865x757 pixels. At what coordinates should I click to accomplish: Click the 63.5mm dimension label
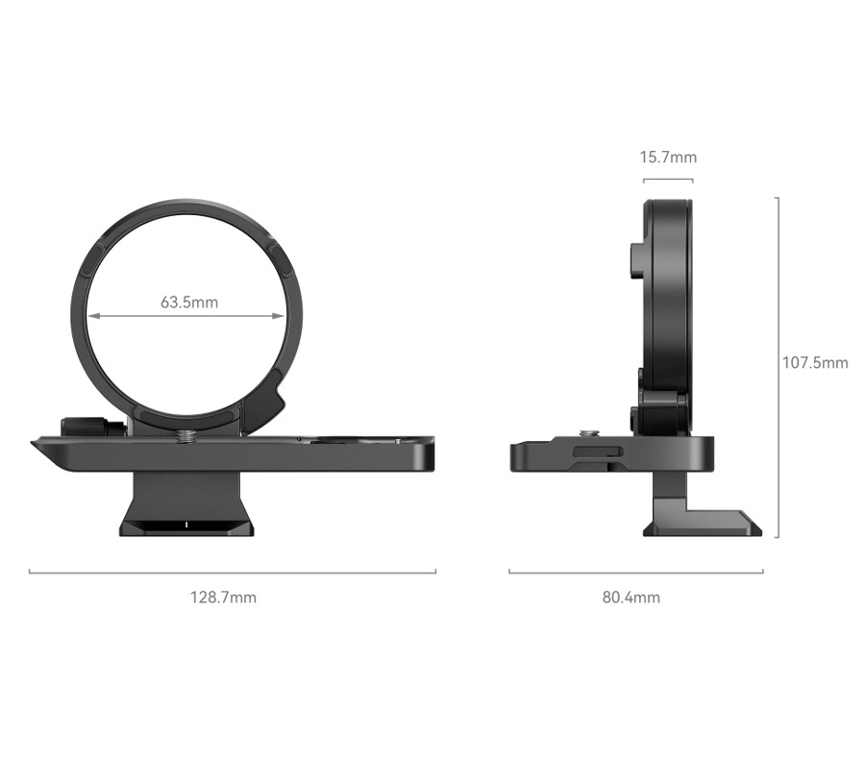[189, 302]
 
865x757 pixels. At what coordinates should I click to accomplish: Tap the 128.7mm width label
[223, 597]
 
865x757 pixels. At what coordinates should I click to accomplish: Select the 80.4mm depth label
[631, 597]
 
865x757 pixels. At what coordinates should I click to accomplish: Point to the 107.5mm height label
[815, 362]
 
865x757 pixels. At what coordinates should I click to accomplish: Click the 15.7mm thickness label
[669, 157]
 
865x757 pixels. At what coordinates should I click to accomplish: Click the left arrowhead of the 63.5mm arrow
[92, 315]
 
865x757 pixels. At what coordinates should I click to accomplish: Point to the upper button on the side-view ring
[636, 259]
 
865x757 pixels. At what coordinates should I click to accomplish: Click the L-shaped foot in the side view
[702, 514]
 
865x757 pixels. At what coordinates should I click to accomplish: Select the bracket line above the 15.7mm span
[669, 179]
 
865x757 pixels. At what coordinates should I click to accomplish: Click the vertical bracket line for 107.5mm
[777, 365]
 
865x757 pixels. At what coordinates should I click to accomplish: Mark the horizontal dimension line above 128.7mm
[232, 573]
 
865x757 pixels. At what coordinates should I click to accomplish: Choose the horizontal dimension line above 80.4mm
[635, 573]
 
